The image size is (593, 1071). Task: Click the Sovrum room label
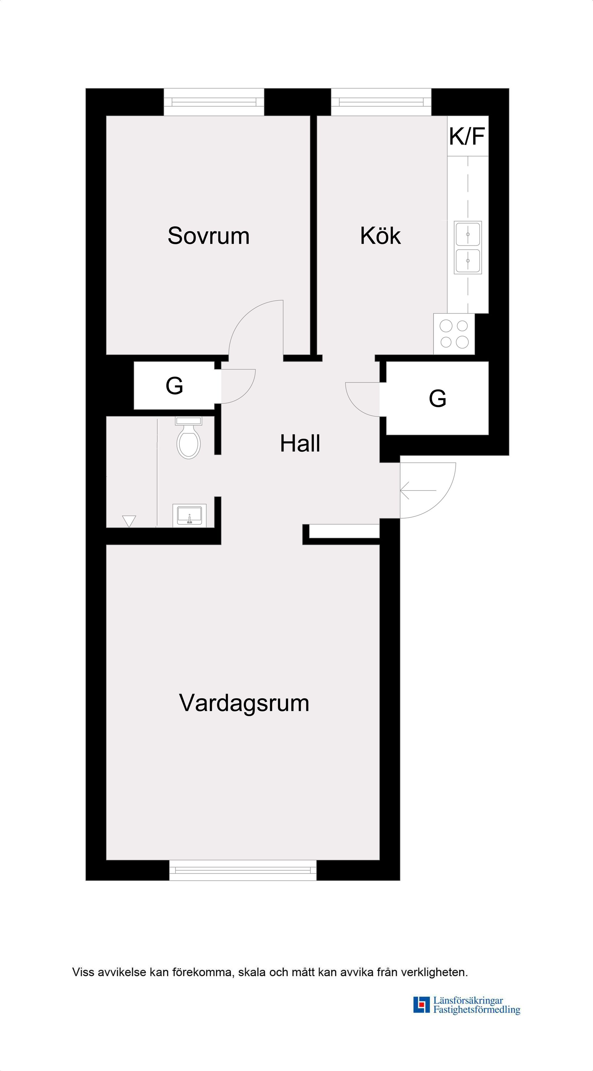[208, 236]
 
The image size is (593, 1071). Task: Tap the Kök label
[380, 236]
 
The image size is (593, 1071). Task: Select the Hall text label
[300, 444]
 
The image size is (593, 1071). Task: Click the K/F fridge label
[467, 136]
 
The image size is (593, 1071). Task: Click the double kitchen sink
[468, 248]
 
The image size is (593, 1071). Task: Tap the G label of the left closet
[174, 386]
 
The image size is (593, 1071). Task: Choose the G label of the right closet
[438, 398]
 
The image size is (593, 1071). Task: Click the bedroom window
[214, 102]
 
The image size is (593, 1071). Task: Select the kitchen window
[381, 102]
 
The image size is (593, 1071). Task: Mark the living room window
[243, 870]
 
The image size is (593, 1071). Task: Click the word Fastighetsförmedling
[477, 1010]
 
